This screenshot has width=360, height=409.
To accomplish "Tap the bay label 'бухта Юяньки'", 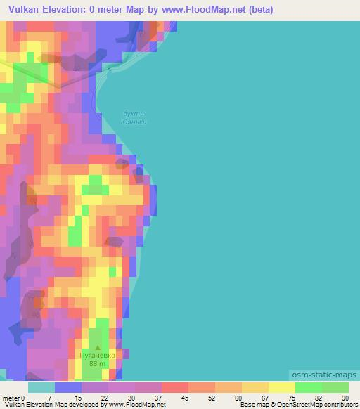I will coord(133,117).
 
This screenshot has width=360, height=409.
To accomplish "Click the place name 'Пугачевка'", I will coord(97,356).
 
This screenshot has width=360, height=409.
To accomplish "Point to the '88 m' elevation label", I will coord(97,364).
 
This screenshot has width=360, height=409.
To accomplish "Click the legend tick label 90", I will coord(344,397).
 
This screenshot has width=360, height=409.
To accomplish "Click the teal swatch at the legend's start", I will coord(41,387).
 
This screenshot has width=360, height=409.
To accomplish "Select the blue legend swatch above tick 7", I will coord(67,387).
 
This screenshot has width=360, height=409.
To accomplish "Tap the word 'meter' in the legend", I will coord(11,397).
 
